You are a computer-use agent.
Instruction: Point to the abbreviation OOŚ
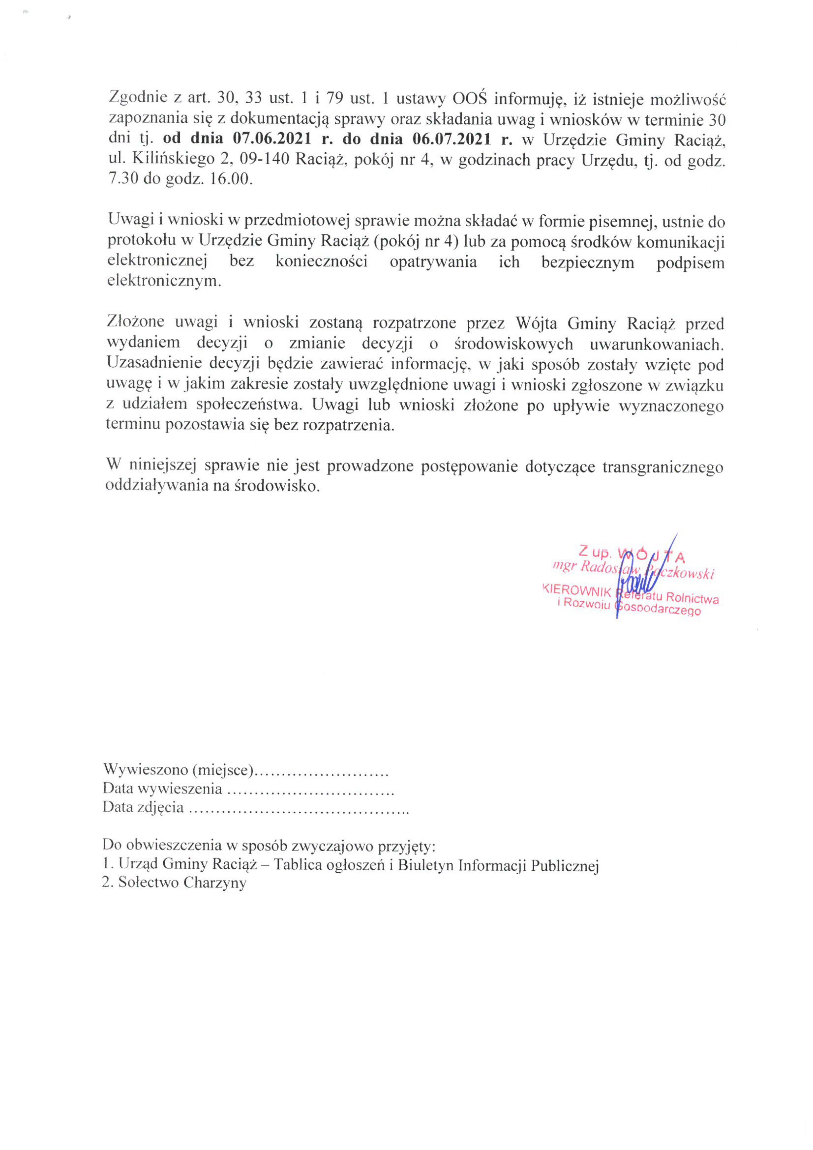click(x=471, y=98)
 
